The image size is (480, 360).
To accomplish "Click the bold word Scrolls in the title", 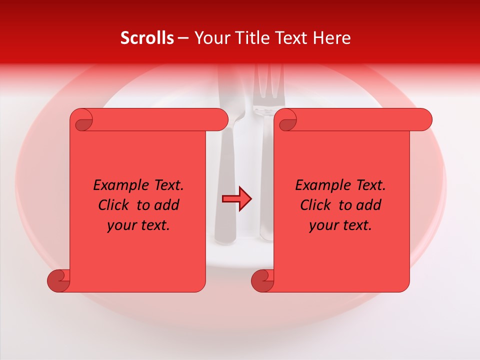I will click(147, 38).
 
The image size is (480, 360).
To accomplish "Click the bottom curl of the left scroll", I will click(58, 280).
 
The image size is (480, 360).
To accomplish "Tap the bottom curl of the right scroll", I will click(262, 280).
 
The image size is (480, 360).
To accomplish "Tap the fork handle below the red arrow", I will click(265, 225).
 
